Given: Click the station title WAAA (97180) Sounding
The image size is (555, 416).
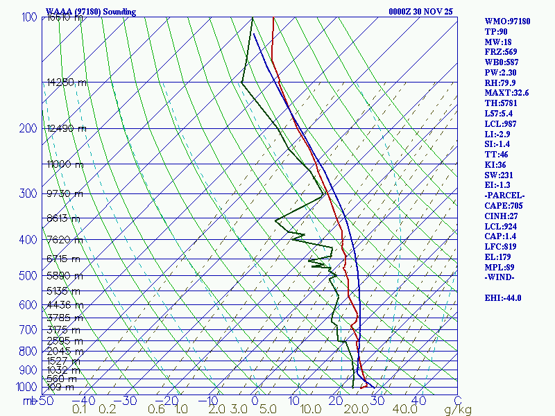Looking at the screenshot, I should (x=91, y=12).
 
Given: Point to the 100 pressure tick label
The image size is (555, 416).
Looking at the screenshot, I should (x=28, y=17).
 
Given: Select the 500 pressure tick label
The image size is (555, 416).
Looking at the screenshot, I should (x=28, y=276).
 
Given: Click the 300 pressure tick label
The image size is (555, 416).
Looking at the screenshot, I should (x=28, y=193).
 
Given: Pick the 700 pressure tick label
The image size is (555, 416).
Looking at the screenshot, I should (x=28, y=329).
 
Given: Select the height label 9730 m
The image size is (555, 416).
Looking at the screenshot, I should (x=64, y=193).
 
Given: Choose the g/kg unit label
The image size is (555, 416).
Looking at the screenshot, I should (x=459, y=410).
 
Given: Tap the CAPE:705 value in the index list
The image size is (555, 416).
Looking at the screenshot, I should (x=504, y=206).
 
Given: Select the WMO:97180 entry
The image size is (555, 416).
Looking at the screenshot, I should (x=507, y=21).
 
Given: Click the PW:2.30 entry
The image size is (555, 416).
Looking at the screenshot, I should (x=501, y=73).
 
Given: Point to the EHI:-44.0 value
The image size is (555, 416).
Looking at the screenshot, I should (x=503, y=298).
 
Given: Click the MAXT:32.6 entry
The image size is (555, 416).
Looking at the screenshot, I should (x=506, y=93).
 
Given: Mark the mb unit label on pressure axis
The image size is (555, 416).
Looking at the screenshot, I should (x=30, y=401).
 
